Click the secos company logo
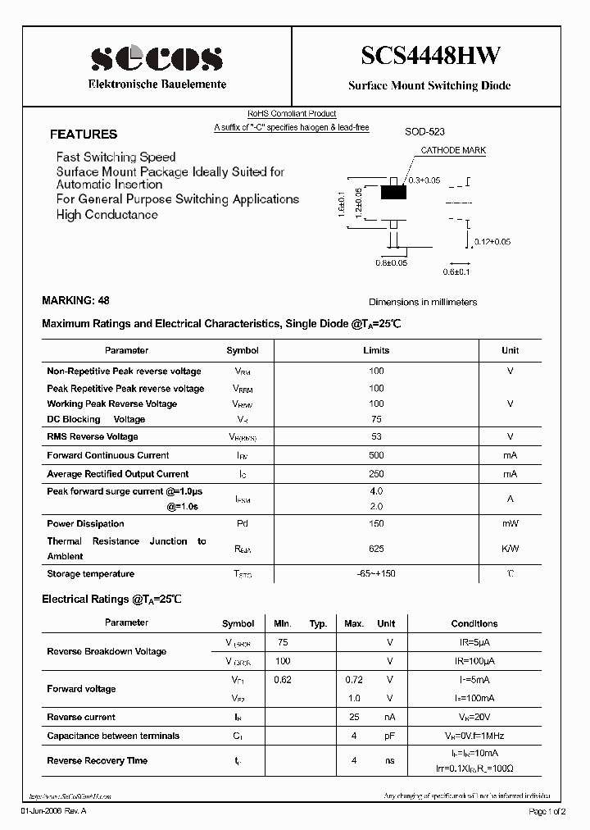(x=157, y=57)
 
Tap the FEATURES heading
(x=84, y=135)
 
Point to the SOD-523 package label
(x=424, y=131)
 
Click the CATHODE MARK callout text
(x=453, y=151)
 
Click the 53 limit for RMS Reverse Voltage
(x=376, y=436)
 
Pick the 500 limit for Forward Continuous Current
(x=376, y=455)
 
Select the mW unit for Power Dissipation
(x=510, y=523)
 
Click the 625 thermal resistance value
(x=376, y=549)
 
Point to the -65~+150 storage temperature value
(x=376, y=573)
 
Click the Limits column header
(x=376, y=350)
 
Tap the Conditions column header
(x=474, y=623)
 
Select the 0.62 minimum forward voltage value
(x=283, y=679)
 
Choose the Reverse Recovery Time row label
(x=97, y=761)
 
